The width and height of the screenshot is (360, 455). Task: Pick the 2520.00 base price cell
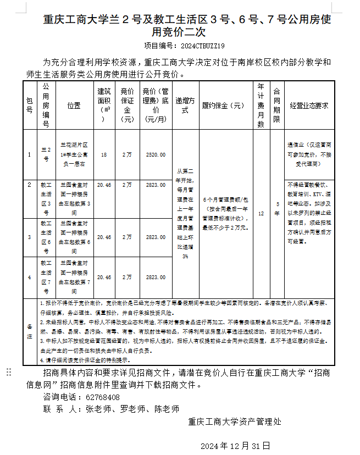pyautogui.click(x=156, y=155)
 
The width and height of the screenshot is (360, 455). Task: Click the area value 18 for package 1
pyautogui.click(x=104, y=155)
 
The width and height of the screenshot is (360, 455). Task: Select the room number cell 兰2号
pyautogui.click(x=46, y=154)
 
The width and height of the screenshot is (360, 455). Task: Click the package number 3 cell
pyautogui.click(x=30, y=237)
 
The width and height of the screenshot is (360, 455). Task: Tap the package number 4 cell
pyautogui.click(x=30, y=278)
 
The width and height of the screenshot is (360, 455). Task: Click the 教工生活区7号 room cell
pyautogui.click(x=46, y=277)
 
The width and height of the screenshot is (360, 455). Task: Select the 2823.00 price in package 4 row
pyautogui.click(x=156, y=278)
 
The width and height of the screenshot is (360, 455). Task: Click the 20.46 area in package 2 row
pyautogui.click(x=104, y=185)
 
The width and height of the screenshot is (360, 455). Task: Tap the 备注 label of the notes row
pyautogui.click(x=30, y=331)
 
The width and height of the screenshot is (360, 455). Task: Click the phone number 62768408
pyautogui.click(x=103, y=397)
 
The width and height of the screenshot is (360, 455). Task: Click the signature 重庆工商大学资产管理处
pyautogui.click(x=235, y=421)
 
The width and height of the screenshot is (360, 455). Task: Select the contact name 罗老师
pyautogui.click(x=131, y=409)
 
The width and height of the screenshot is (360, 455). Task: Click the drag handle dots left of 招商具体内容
pyautogui.click(x=9, y=373)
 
